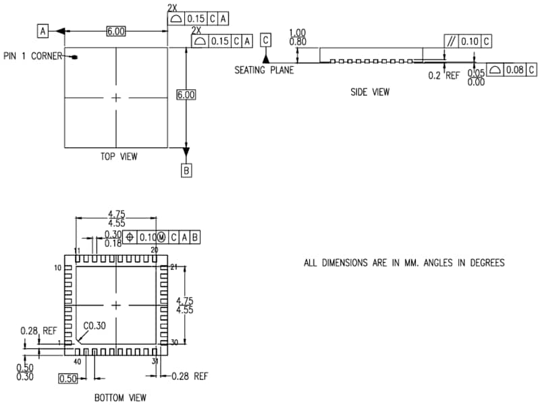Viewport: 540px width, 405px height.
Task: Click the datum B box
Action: click(x=186, y=171)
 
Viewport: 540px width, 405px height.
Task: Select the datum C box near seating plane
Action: click(x=265, y=40)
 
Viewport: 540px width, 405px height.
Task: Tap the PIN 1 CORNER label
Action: click(x=32, y=56)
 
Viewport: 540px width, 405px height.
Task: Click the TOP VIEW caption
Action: click(x=118, y=157)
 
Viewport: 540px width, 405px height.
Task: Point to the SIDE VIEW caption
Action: click(x=369, y=92)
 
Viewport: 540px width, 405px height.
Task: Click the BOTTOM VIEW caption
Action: click(x=119, y=398)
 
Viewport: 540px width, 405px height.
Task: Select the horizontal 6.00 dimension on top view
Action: click(x=115, y=31)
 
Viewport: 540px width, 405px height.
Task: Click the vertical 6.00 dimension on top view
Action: click(x=186, y=95)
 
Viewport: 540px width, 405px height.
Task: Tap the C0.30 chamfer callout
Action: click(x=95, y=326)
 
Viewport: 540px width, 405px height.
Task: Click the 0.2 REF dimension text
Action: click(x=443, y=76)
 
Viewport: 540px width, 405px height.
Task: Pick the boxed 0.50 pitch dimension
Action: click(x=68, y=379)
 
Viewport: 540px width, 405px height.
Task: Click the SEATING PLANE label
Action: click(x=264, y=70)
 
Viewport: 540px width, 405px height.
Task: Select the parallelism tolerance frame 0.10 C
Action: click(x=468, y=41)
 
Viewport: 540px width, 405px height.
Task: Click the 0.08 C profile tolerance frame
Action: click(x=512, y=70)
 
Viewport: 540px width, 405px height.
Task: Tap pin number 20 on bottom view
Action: click(x=155, y=250)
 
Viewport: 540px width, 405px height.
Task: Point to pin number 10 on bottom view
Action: click(x=59, y=268)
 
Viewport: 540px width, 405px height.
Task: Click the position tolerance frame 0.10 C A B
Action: click(x=162, y=238)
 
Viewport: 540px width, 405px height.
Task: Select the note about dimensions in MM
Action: click(x=404, y=263)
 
